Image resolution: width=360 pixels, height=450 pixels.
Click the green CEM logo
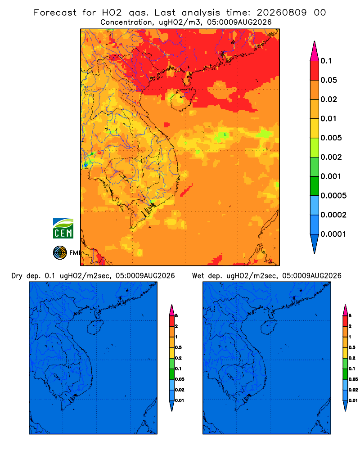(63, 229)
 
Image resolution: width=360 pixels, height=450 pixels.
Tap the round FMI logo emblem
(60, 252)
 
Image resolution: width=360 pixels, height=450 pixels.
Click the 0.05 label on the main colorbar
(328, 80)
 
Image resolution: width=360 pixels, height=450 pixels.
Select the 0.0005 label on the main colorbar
(333, 196)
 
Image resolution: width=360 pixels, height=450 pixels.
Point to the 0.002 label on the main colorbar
(331, 157)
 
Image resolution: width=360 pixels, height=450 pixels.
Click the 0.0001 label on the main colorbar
(333, 234)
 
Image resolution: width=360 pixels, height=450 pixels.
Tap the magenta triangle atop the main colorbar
(315, 51)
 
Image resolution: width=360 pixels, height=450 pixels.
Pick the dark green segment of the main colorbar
(315, 186)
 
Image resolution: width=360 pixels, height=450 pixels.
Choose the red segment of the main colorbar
(315, 71)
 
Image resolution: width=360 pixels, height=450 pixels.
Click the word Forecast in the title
(55, 13)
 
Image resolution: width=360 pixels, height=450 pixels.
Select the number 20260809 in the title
(281, 13)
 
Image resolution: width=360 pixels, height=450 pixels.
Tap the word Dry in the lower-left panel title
(17, 276)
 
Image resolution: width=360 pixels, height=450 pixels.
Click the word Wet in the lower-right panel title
(198, 276)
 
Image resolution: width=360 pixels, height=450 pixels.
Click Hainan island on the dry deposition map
(96, 328)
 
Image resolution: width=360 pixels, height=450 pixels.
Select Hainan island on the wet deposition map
(270, 328)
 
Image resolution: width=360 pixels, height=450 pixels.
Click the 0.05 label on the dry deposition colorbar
(180, 379)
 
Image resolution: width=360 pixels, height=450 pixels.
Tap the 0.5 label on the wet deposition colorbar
(352, 347)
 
